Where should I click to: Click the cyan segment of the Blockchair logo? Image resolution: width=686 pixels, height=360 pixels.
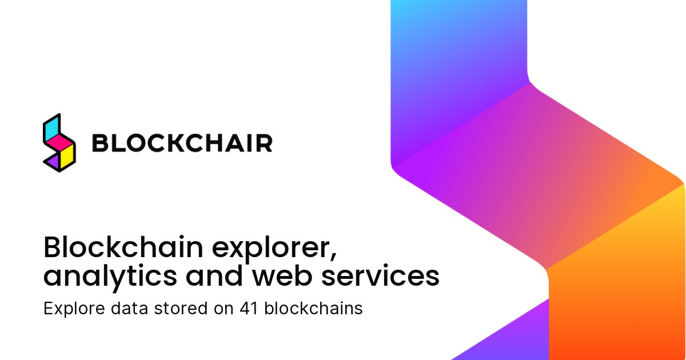52,127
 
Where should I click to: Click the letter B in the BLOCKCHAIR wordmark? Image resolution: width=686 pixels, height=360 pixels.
101,143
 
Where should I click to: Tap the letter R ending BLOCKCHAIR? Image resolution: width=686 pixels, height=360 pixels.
264,143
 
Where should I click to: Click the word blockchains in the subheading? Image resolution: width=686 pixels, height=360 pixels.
309,309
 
